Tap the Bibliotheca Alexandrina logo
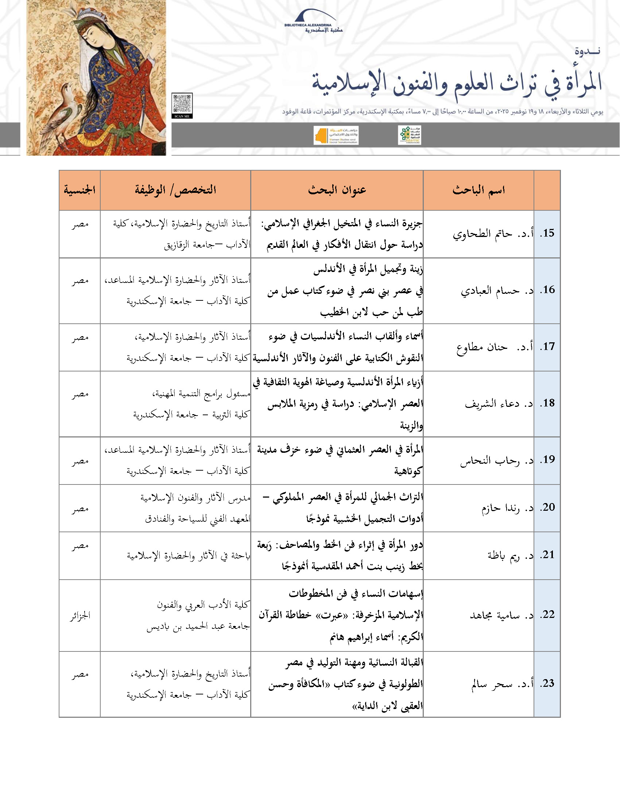coord(313,22)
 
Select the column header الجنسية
coord(80,190)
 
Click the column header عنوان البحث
coord(337,190)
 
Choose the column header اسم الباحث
coord(478,190)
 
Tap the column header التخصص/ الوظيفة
coord(175,190)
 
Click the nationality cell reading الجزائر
coord(80,615)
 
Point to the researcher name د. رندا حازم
coord(507,508)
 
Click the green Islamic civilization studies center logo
coord(410,135)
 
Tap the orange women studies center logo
coord(336,136)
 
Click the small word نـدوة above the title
coord(587,51)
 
